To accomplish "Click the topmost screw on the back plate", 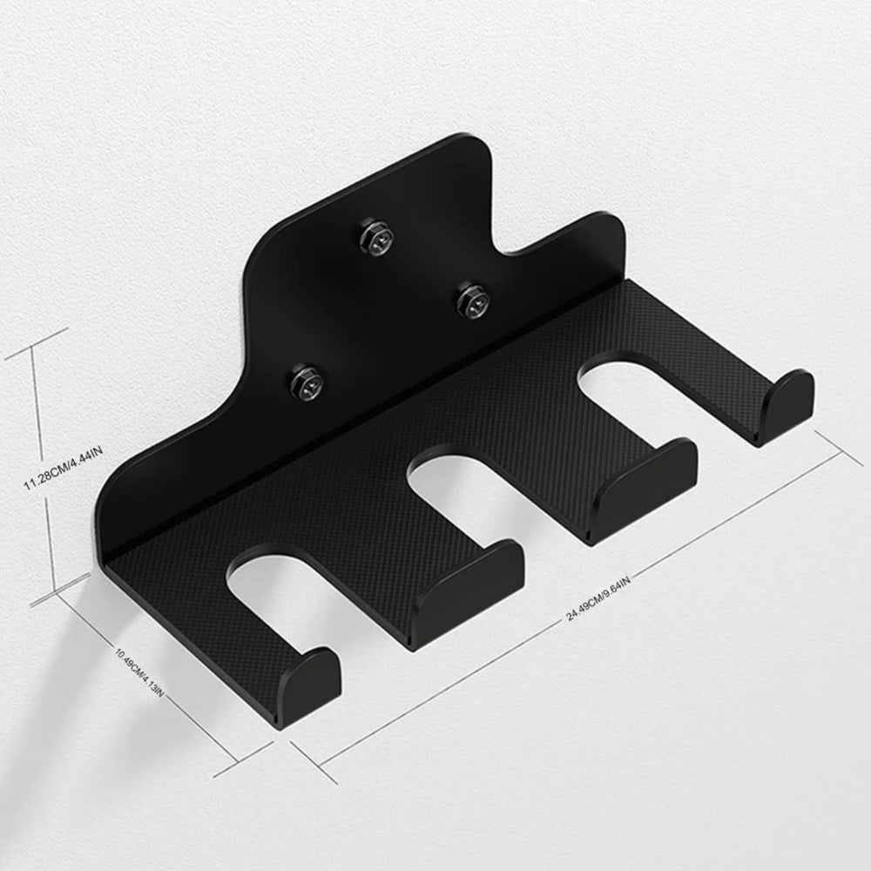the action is point(376,237).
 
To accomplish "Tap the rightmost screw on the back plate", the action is point(473,301).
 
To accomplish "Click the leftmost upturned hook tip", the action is point(307,685).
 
